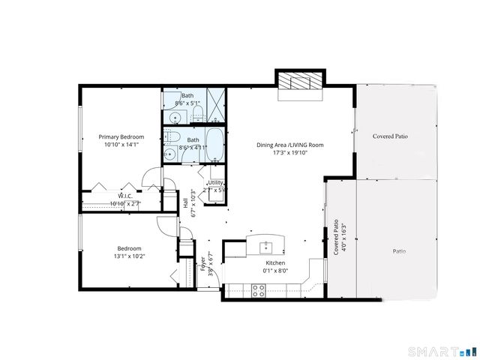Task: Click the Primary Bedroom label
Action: (122, 137)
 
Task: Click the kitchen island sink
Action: (265, 244)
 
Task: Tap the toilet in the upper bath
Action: (198, 113)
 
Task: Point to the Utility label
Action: (215, 182)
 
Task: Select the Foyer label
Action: (202, 264)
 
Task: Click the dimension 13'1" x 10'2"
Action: (128, 256)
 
